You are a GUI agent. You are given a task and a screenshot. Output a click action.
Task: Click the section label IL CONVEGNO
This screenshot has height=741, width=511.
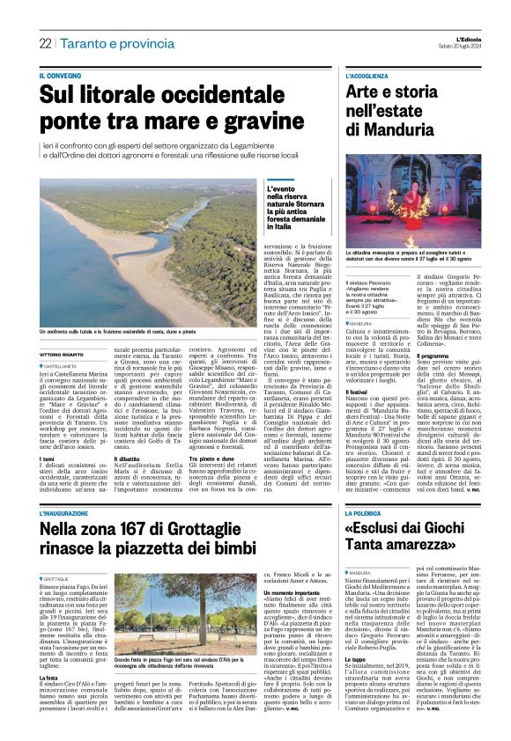click(x=61, y=77)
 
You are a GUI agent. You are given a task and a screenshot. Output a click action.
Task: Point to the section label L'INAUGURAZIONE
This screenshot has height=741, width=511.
click(x=68, y=511)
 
